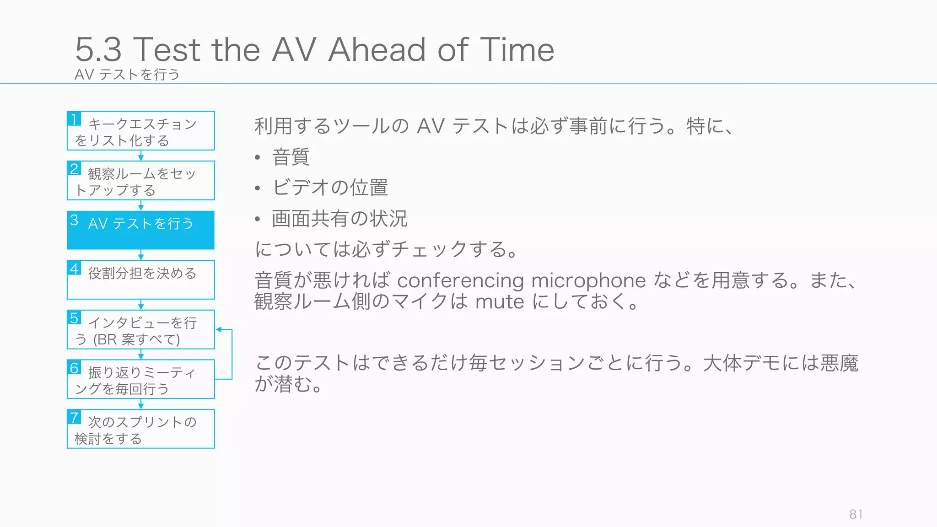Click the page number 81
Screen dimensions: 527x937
pos(856,514)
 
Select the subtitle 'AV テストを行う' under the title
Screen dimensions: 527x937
pos(127,74)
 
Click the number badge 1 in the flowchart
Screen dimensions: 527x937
pos(74,119)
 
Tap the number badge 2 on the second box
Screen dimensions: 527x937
pos(74,168)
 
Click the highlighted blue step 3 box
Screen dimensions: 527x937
pos(141,230)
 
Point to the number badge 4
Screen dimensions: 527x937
pos(74,268)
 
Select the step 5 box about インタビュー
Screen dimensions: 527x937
pos(141,330)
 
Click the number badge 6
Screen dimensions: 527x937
pos(74,368)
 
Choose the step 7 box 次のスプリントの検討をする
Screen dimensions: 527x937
pos(141,429)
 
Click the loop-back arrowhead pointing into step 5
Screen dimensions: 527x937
pos(219,329)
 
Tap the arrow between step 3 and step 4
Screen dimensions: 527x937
pos(141,255)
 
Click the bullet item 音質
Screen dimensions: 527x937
pos(291,157)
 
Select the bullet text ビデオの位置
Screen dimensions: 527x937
pos(330,188)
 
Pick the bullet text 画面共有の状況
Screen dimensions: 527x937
pos(339,218)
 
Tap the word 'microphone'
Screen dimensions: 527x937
pos(588,280)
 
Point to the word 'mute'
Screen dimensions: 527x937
pos(500,302)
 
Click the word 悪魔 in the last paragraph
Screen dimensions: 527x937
pos(839,363)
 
